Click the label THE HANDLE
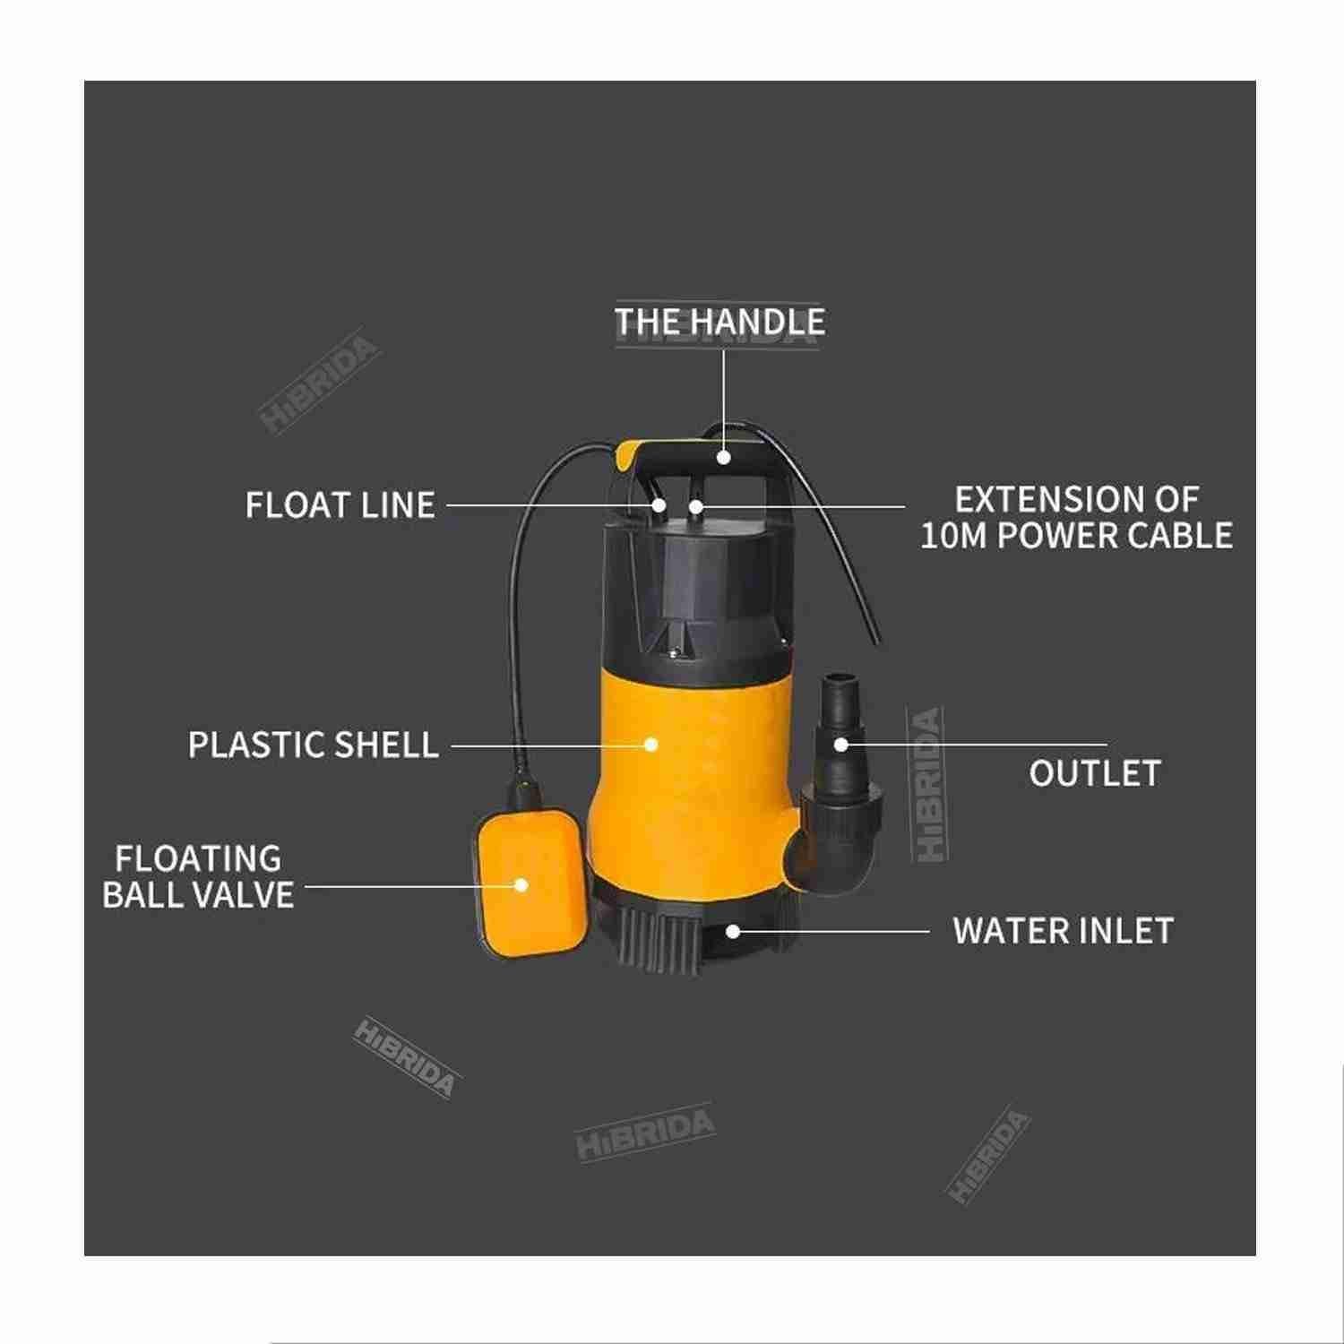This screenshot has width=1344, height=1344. (x=719, y=322)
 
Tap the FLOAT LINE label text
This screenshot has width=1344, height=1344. (x=340, y=505)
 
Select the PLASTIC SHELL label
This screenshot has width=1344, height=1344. (x=314, y=745)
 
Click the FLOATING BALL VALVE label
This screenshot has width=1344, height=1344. (x=198, y=876)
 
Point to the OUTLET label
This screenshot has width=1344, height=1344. (x=1095, y=773)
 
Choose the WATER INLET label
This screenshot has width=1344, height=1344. (x=1064, y=931)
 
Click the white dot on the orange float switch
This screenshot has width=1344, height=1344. (x=521, y=885)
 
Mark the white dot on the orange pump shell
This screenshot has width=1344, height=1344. (x=651, y=744)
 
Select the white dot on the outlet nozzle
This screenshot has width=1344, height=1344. (x=840, y=744)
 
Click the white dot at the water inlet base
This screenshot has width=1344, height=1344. (x=733, y=932)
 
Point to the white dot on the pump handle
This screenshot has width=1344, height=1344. (x=723, y=458)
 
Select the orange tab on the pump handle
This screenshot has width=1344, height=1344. (x=630, y=454)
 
